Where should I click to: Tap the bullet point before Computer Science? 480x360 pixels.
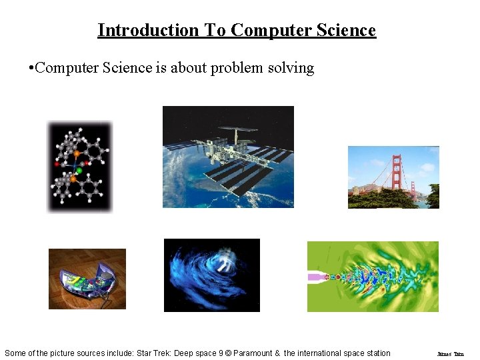31,69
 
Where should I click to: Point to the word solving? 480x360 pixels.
291,69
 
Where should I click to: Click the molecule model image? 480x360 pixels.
80,167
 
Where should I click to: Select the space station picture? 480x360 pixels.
228,157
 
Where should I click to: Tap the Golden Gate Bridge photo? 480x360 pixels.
393,177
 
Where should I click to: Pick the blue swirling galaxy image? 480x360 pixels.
212,275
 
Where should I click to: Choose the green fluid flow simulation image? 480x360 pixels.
373,276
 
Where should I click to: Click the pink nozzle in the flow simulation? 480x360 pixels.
314,276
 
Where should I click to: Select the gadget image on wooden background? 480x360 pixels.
87,279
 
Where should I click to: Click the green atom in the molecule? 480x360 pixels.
79,171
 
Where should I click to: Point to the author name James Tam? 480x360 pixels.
450,353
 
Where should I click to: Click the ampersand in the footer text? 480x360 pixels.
277,353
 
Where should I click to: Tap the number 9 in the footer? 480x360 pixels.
221,353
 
